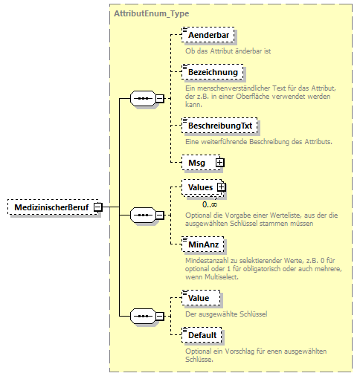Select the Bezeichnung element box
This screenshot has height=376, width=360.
point(213,72)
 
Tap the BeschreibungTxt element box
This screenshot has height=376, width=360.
point(218,126)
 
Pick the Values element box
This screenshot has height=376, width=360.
point(199,188)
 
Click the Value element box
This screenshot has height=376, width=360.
point(198,298)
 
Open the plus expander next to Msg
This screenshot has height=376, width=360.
point(219,161)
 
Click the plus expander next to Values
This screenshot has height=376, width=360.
point(221,188)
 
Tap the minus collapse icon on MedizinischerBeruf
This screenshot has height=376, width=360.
point(97,208)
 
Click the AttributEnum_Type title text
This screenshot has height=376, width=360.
point(151,14)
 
